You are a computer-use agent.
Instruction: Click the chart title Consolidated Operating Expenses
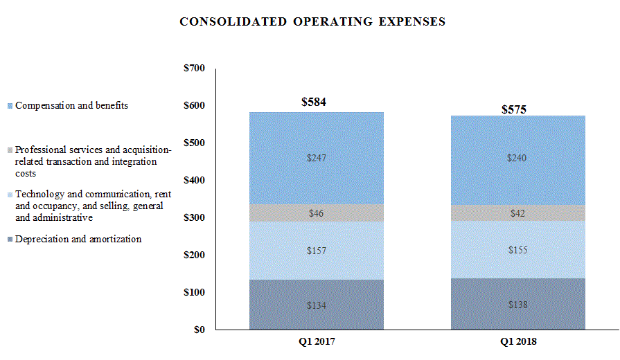coord(312,21)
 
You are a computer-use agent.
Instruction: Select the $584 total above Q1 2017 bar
coord(313,102)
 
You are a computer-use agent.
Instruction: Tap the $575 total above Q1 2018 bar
coord(513,109)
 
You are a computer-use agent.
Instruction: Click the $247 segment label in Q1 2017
coord(316,158)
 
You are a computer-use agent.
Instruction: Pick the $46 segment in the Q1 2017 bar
coord(316,213)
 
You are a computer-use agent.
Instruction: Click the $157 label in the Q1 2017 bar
coord(316,250)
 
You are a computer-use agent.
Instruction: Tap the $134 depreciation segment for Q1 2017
coord(316,305)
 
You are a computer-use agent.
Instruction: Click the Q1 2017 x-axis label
coord(316,342)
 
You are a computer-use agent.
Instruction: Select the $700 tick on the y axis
coord(195,69)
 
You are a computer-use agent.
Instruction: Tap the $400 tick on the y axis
coord(195,181)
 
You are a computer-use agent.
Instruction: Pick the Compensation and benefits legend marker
coord(10,106)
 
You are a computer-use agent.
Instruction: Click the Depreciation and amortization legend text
coord(78,239)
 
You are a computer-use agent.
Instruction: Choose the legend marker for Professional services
coord(10,150)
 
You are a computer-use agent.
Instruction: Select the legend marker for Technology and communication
coord(10,195)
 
